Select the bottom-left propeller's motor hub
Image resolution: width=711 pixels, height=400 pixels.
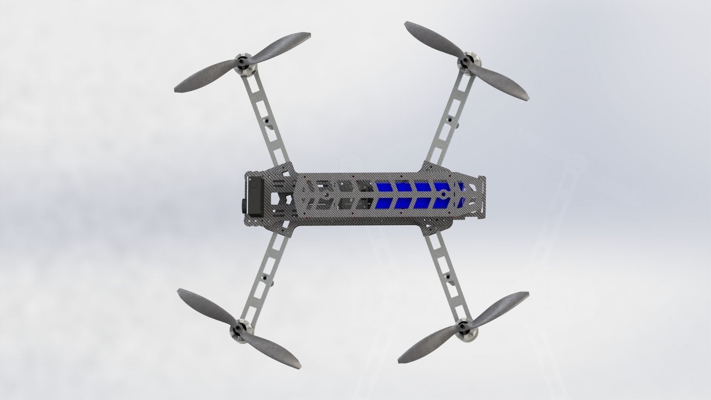pyautogui.click(x=237, y=328)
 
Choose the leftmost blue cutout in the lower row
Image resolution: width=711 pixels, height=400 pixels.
pyautogui.click(x=383, y=203)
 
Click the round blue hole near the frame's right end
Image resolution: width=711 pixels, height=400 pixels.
pyautogui.click(x=443, y=194)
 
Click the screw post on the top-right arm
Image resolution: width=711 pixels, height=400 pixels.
pyautogui.click(x=448, y=120)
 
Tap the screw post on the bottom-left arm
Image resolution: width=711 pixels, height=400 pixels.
pyautogui.click(x=265, y=277)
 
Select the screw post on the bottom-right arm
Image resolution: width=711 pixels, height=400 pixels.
pyautogui.click(x=448, y=277)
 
